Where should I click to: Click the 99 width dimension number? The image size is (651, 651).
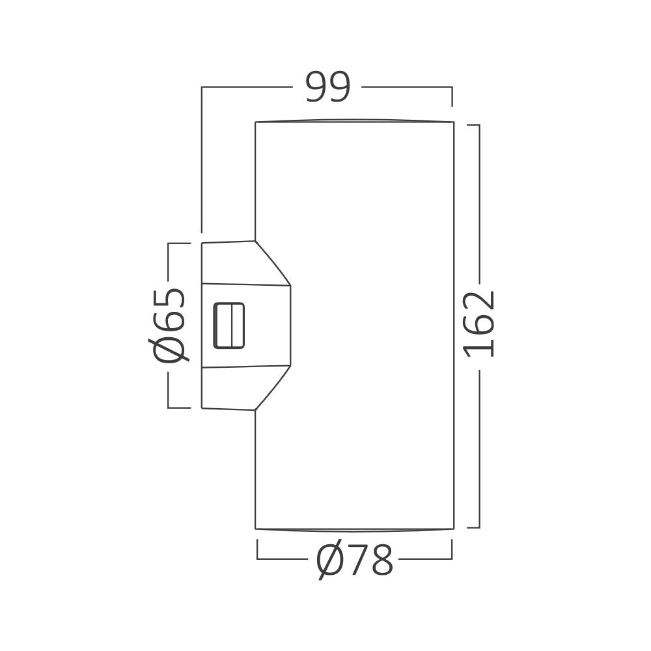pyautogui.click(x=328, y=88)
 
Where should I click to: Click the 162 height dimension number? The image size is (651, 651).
pyautogui.click(x=480, y=324)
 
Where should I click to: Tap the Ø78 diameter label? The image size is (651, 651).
pyautogui.click(x=355, y=561)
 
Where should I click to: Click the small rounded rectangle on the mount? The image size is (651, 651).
pyautogui.click(x=229, y=325)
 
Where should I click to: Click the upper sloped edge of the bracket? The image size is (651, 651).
pyautogui.click(x=273, y=263)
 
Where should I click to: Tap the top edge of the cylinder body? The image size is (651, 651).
pyautogui.click(x=355, y=120)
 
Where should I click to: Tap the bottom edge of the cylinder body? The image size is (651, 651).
pyautogui.click(x=355, y=529)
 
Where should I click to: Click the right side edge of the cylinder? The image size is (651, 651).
pyautogui.click(x=453, y=325)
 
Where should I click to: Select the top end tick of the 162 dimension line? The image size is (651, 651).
pyautogui.click(x=474, y=125)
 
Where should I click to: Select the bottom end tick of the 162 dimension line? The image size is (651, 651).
pyautogui.click(x=474, y=527)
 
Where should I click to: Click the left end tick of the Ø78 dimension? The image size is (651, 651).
pyautogui.click(x=258, y=550)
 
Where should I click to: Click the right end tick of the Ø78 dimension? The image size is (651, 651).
pyautogui.click(x=452, y=550)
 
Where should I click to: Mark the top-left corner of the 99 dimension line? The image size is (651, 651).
pyautogui.click(x=202, y=87)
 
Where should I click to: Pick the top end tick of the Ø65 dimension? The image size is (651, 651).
pyautogui.click(x=179, y=243)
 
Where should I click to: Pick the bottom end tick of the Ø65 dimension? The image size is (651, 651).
pyautogui.click(x=179, y=408)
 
